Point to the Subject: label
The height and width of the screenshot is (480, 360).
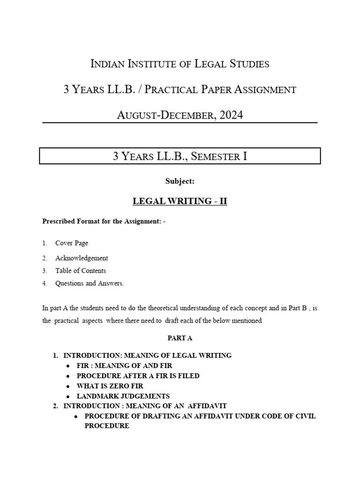pos(180,182)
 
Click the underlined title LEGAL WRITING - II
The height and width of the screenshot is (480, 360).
pos(180,201)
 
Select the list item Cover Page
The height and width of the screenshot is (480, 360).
pos(72,243)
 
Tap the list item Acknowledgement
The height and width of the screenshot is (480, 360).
pos(82,258)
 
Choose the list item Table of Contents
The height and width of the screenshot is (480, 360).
pos(81,270)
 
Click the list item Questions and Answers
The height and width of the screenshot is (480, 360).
pos(89,283)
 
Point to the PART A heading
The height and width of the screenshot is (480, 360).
pos(180,337)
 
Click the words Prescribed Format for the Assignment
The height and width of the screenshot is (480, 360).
pos(100,221)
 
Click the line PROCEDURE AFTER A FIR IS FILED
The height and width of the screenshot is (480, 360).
pos(138,375)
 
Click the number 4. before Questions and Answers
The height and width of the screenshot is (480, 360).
pos(45,283)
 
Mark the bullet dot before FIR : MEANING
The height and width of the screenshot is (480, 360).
pos(68,366)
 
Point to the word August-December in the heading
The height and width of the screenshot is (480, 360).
pos(164,114)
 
